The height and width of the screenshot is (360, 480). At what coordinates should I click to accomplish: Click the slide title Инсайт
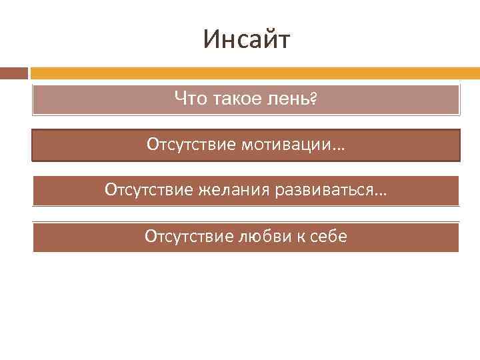point(247,41)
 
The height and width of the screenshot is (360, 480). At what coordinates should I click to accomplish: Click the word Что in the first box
point(191,99)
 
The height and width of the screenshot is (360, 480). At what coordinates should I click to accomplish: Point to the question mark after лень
point(313,100)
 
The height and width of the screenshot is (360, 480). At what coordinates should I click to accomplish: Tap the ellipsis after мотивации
point(341,147)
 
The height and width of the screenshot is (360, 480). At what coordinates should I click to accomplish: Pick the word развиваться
point(322,191)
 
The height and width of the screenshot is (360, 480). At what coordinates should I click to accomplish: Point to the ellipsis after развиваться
point(380,193)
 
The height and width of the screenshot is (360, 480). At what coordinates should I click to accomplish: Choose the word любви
point(257,237)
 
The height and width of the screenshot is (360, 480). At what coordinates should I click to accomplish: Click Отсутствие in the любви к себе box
point(187,237)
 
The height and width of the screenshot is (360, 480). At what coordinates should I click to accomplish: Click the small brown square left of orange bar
point(14,73)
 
